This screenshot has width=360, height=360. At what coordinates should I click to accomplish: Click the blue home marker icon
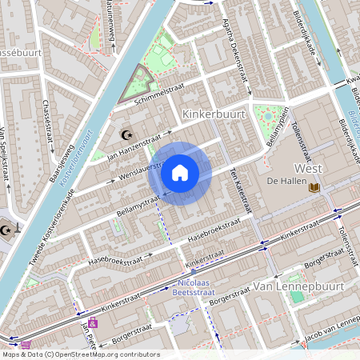[x=180, y=172]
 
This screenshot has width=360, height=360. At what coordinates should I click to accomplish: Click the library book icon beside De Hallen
[x=314, y=186]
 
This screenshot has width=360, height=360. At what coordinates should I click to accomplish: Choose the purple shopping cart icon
[x=93, y=323]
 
